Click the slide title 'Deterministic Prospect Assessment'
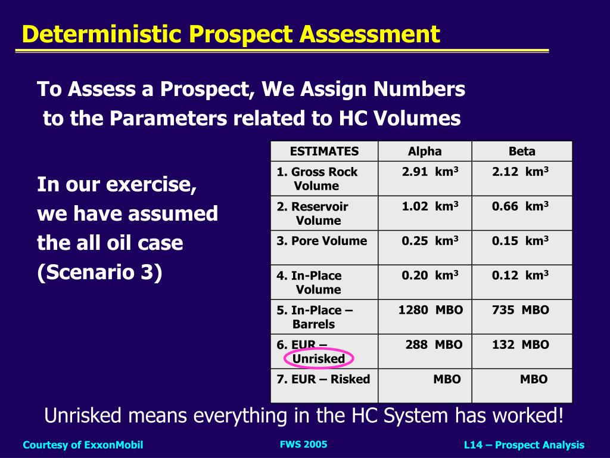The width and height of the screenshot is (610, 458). coord(231,34)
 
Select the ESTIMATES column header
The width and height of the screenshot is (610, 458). coord(324,151)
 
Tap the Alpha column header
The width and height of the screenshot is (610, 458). coord(425,151)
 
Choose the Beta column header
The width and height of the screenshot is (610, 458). coord(522,151)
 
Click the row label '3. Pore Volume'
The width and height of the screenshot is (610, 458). coord(322,241)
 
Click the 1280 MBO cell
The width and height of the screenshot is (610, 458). coord(431,310)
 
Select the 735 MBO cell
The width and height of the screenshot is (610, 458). coord(521,310)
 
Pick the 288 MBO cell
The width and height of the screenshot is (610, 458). coord(434,345)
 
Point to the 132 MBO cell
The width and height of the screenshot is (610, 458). coord(521,345)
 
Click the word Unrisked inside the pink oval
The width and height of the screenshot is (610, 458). coord(319,359)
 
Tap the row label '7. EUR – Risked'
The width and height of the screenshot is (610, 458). coord(323,379)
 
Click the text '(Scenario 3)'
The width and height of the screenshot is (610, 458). coord(99,273)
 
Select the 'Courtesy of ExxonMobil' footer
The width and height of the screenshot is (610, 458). coord(83,445)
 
